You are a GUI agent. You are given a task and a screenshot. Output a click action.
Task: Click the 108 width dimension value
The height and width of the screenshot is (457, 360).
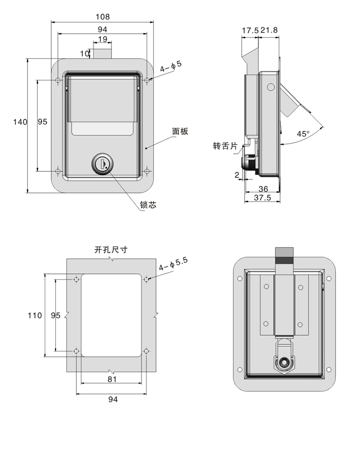pyautogui.click(x=102, y=17)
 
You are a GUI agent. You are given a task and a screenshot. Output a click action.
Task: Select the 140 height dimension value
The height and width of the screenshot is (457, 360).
pyautogui.click(x=20, y=122)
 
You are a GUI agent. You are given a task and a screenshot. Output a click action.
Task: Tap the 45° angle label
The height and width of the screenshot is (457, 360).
pyautogui.click(x=303, y=134)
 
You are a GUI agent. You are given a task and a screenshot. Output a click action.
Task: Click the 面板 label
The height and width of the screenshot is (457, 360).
pyautogui.click(x=180, y=132)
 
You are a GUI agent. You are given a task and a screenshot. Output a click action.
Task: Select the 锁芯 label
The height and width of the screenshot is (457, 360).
pyautogui.click(x=148, y=206)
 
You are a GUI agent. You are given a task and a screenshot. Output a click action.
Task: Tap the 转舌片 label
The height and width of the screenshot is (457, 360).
pyautogui.click(x=225, y=146)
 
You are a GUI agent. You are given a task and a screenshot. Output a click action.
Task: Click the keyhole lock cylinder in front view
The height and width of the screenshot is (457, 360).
pyautogui.click(x=102, y=163)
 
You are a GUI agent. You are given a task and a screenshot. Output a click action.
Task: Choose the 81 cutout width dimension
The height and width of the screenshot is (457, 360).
pyautogui.click(x=112, y=379)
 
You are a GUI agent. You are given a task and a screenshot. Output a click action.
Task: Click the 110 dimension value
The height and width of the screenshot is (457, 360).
pyautogui.click(x=35, y=315)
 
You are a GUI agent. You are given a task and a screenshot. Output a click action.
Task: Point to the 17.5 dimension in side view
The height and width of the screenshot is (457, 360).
pyautogui.click(x=250, y=31)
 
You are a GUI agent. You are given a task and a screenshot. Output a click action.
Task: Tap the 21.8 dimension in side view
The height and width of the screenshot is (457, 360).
pyautogui.click(x=269, y=31)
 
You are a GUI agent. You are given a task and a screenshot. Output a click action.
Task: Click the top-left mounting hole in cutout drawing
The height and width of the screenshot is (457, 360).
pyautogui.click(x=76, y=279)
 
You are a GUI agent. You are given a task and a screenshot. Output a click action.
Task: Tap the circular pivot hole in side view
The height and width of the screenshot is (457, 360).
pyautogui.click(x=270, y=86)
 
